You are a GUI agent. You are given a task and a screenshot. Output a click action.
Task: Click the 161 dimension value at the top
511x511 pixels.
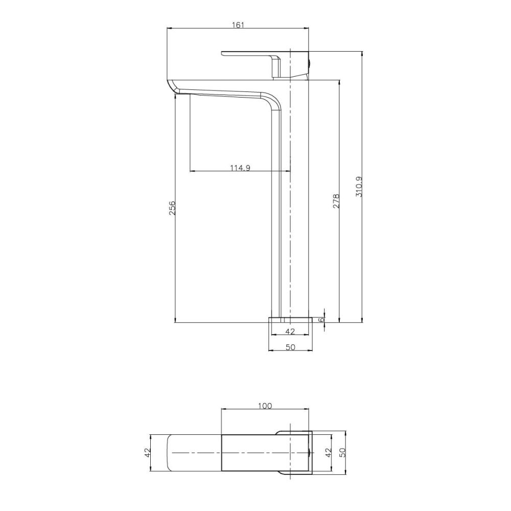[x=238, y=25]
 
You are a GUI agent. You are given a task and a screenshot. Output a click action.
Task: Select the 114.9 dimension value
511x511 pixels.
[x=240, y=168]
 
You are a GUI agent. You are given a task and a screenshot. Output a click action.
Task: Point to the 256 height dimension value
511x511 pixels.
[x=172, y=207]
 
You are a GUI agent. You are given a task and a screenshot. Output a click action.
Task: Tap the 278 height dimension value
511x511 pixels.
[x=336, y=201]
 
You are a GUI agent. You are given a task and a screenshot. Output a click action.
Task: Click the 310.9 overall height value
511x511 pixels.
[x=359, y=187]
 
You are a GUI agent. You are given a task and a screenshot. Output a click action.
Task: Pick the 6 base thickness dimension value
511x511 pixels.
[x=321, y=320]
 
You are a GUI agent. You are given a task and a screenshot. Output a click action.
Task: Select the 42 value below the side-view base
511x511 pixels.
[x=290, y=332]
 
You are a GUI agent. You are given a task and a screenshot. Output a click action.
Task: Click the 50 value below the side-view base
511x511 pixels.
[x=290, y=347]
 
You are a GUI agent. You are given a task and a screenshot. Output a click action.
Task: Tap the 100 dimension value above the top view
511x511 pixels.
[x=265, y=406]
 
